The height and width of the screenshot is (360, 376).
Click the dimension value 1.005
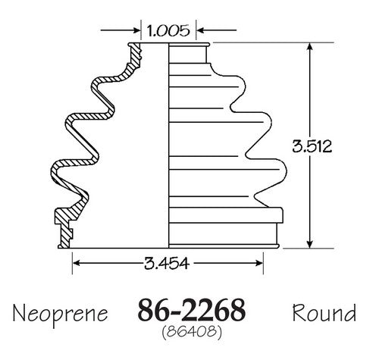tap(168, 30)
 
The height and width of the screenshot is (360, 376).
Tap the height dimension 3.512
tap(312, 146)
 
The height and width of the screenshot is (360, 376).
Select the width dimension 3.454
tap(167, 263)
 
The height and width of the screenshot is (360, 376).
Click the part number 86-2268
tap(191, 310)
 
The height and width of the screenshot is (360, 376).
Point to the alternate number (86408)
tap(192, 331)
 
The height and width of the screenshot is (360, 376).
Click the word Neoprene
tap(60, 314)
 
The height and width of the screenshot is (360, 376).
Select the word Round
tap(324, 312)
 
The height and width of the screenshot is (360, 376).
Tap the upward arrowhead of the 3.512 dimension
tap(310, 47)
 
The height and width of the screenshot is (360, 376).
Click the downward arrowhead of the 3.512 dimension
tap(310, 243)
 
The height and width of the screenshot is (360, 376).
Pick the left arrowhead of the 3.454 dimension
tap(77, 263)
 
